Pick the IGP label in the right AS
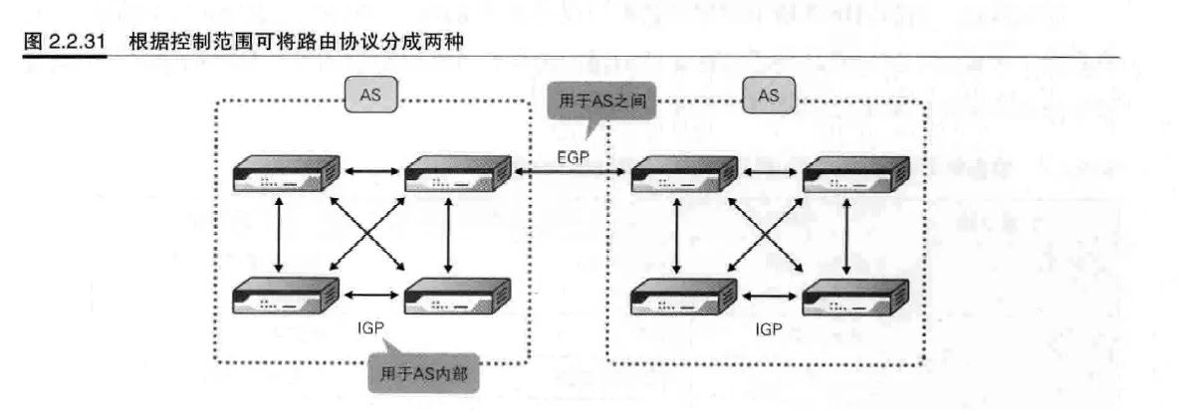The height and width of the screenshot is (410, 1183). click(770, 326)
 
